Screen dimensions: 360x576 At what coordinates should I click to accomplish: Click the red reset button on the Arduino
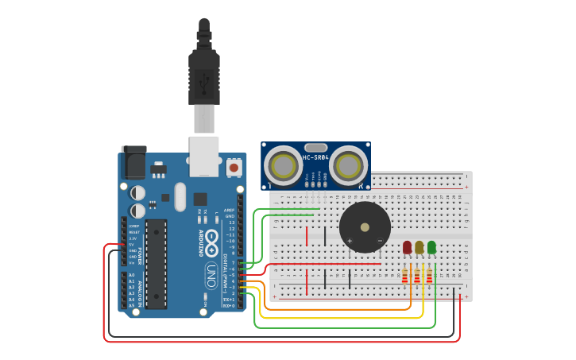point(234,168)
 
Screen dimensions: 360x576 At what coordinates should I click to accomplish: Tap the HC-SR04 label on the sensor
point(315,157)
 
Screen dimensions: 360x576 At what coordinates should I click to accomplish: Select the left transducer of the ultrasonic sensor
point(283,165)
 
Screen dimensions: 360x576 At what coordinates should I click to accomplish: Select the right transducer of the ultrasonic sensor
point(348,165)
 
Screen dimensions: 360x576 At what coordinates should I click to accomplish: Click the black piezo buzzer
point(365,226)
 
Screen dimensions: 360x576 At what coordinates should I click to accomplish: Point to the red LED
point(408,248)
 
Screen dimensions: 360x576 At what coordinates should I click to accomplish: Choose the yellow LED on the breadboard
point(419,248)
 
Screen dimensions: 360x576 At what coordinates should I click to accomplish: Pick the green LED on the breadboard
point(431,248)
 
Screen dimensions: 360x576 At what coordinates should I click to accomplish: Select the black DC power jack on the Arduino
point(133,162)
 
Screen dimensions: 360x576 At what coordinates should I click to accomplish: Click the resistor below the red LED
point(404,276)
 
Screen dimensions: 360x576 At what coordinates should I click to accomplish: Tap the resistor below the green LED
point(429,276)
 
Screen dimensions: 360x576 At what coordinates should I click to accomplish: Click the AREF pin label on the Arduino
point(229,210)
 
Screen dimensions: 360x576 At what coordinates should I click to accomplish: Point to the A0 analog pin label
point(131,275)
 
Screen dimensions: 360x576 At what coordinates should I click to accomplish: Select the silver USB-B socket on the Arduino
point(203,155)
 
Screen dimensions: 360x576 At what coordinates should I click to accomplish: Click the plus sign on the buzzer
point(350,240)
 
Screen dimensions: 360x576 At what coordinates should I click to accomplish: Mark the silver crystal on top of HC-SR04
point(315,147)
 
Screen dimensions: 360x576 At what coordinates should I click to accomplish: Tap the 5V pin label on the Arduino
point(133,244)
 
